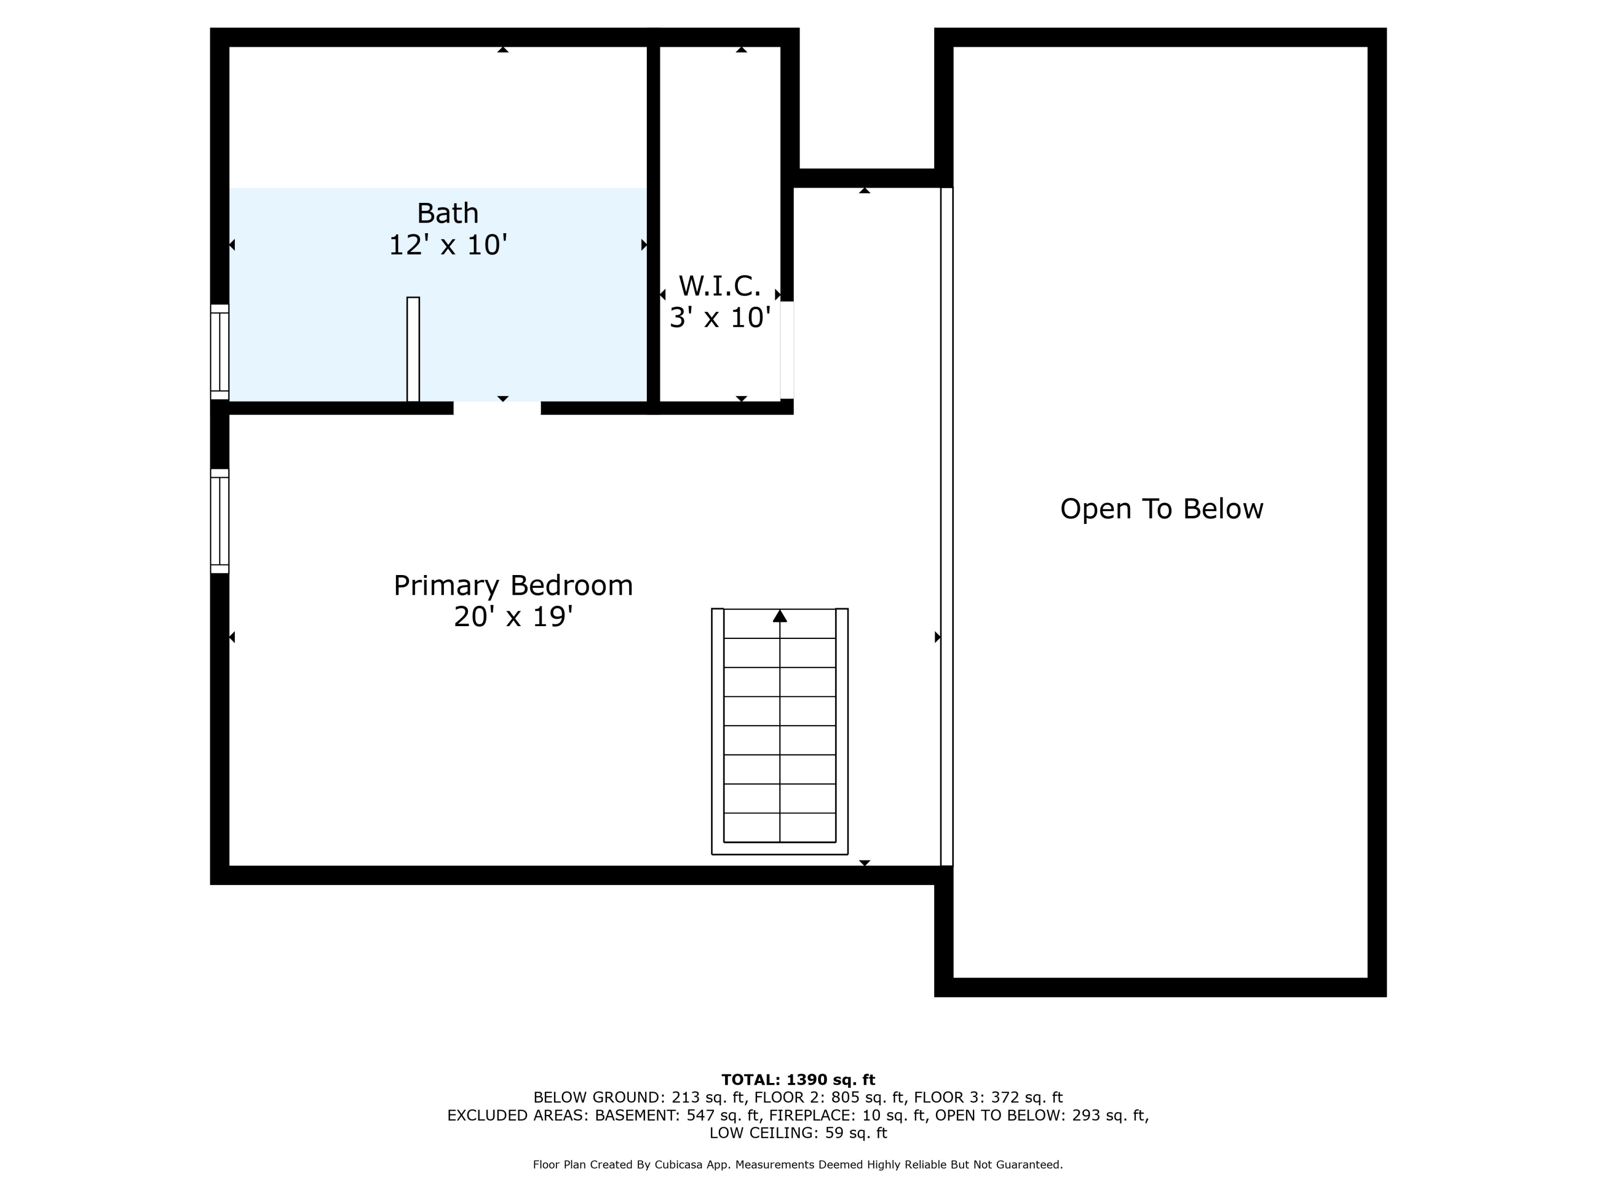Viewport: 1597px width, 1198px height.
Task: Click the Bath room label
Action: coord(448,214)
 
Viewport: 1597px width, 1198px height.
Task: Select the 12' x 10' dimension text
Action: coord(448,245)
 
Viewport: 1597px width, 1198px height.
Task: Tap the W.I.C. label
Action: coord(719,286)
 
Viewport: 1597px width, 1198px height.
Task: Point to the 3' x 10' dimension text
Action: coord(719,318)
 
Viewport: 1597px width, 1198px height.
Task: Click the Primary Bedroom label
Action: coord(513,586)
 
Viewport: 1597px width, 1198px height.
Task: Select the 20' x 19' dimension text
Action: coord(513,618)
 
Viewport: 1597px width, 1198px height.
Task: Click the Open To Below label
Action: coord(1161,509)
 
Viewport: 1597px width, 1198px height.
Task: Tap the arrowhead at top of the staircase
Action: coord(780,616)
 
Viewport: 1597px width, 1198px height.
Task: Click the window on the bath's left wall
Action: coord(219,351)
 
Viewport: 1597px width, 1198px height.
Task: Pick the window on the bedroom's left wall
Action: coord(219,521)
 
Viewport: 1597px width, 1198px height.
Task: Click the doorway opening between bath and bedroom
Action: coord(497,408)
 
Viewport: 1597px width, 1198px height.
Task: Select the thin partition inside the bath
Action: coord(413,349)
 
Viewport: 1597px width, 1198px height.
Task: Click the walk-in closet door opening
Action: coord(787,350)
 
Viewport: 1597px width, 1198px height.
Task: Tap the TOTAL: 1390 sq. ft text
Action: coord(798,1080)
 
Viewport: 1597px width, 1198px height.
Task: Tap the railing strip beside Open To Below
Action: coord(946,527)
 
